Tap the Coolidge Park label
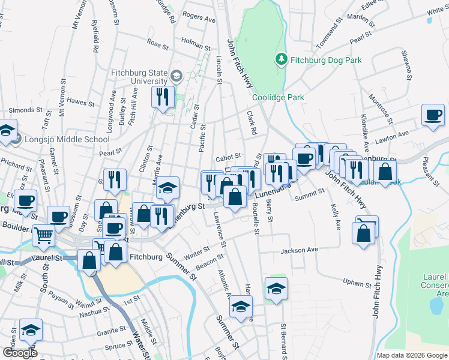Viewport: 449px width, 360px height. coord(278,97)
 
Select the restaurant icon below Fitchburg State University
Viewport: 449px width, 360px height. coord(163,97)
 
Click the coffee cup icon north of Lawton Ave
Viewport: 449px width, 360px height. coord(433,115)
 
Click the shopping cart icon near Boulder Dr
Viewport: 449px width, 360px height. coord(44,235)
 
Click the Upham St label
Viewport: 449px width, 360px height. coord(354,281)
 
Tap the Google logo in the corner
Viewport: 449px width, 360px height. coord(20,353)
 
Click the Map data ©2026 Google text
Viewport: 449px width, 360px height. coord(412,355)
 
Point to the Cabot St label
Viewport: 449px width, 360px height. coord(228,158)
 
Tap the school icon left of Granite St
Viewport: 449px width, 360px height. coord(30,329)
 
